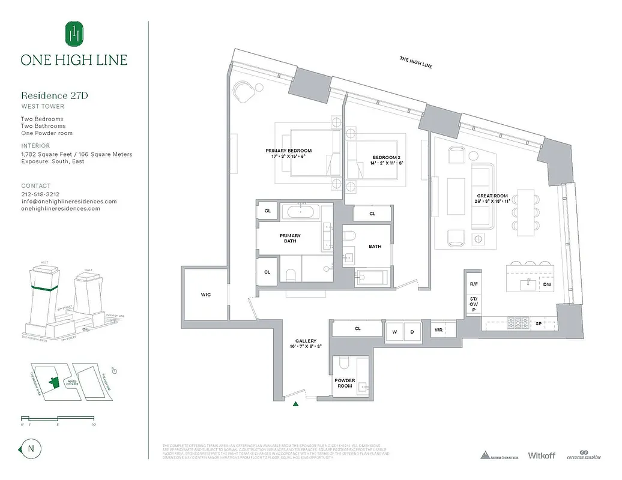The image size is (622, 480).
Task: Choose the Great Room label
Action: pos(493,199)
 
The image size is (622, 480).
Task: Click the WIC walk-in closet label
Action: pos(205,295)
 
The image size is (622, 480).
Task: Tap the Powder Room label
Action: pos(345,383)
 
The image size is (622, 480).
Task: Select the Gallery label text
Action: pos(305,344)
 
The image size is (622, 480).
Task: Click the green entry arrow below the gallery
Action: pos(295,404)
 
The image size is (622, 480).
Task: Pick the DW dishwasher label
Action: pos(547,285)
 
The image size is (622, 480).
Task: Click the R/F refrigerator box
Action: pos(474,284)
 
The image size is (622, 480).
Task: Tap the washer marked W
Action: pos(395,331)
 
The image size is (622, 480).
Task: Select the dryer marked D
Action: pos(412,331)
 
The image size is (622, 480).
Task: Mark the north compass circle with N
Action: pos(29,449)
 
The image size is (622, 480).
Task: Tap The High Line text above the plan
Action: pos(416,62)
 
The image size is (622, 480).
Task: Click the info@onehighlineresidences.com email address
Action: pos(69,202)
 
